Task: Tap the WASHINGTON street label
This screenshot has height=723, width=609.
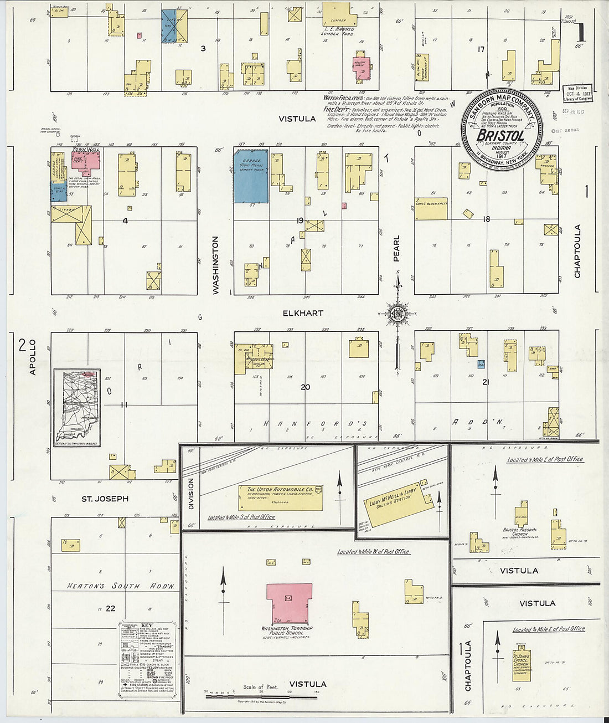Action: pos(216,265)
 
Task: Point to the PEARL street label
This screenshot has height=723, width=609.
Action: pos(396,249)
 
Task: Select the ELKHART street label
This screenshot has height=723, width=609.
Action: pos(303,313)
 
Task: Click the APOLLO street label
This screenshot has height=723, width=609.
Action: pos(32,357)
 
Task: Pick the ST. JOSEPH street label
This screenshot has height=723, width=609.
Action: pos(105,499)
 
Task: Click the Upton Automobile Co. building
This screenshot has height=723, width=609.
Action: pos(281,498)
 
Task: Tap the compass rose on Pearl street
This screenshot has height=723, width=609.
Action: pos(397,314)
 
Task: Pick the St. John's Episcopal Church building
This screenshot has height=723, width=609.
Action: pos(521,665)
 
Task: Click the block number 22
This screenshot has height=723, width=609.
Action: pos(111,608)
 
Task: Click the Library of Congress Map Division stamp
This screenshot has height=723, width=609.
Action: pos(577,93)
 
